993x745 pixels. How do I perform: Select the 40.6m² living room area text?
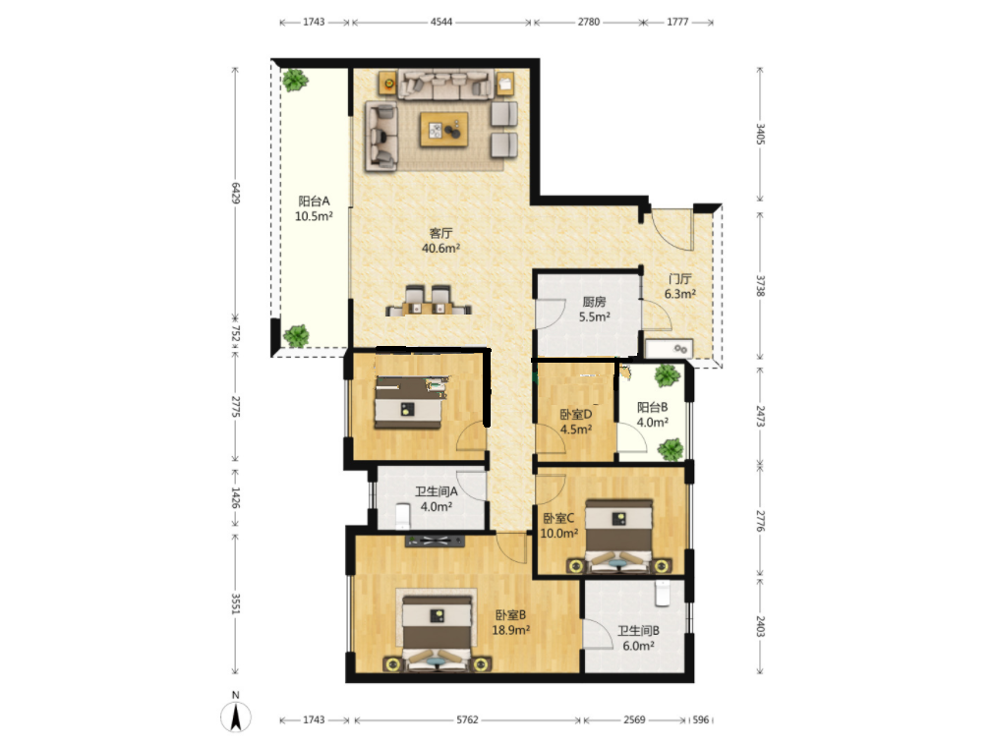[x=440, y=248]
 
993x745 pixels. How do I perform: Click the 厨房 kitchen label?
[x=594, y=302]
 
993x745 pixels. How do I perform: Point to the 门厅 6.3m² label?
[x=680, y=286]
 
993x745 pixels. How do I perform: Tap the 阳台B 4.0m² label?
[x=652, y=415]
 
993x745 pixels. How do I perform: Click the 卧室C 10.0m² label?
[x=558, y=526]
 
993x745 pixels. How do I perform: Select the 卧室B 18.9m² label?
[x=510, y=622]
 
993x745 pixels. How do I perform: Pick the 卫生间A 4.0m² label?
[x=437, y=498]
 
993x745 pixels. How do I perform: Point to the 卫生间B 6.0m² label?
[x=638, y=638]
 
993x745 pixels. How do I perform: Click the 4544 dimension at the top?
[x=441, y=22]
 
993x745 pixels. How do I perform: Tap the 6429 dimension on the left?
[x=235, y=194]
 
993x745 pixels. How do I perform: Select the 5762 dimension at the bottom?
[x=467, y=719]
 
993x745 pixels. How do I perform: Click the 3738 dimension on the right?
[x=761, y=285]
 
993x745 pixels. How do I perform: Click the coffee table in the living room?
[x=444, y=130]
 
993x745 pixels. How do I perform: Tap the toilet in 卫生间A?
[x=402, y=515]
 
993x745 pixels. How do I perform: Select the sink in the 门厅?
[x=670, y=349]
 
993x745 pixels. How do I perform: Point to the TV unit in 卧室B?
[x=435, y=541]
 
